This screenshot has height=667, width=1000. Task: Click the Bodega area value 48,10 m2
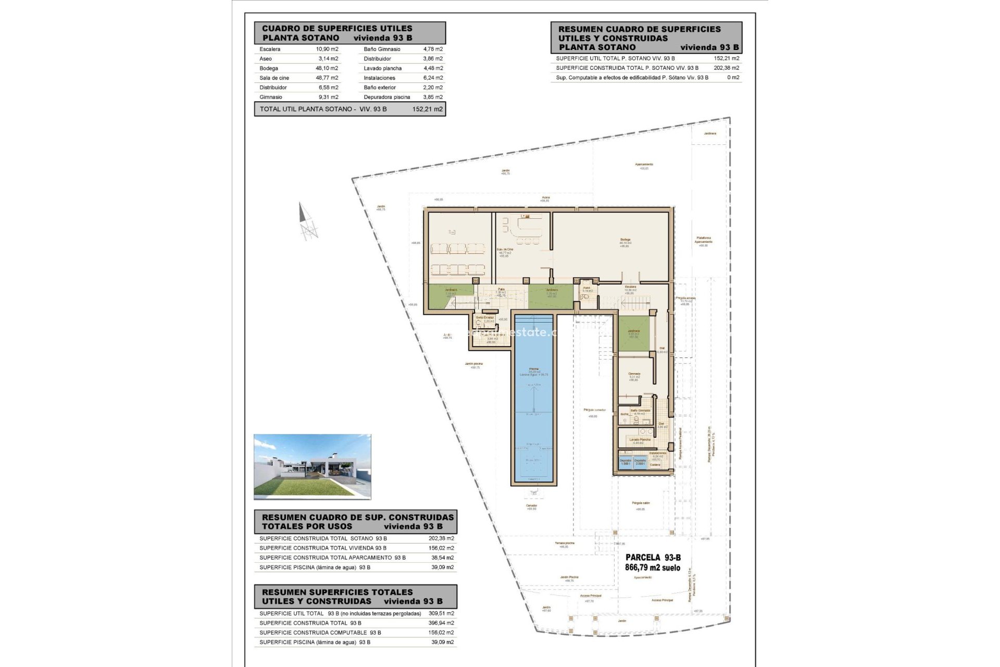pos(327,68)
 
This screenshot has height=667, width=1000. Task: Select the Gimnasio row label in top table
pos(271,97)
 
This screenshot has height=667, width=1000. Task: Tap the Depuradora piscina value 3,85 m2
pos(432,97)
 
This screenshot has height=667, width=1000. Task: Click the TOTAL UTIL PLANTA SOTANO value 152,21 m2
pos(427,109)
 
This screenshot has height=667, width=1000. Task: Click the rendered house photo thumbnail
pos(312,467)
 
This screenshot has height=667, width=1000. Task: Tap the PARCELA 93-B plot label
pos(653,558)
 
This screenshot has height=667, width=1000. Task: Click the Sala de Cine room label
pos(504,250)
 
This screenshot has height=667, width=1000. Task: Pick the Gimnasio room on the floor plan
pos(634,374)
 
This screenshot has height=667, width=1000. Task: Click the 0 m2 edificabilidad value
pos(733,78)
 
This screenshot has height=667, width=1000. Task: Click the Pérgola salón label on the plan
pos(641,503)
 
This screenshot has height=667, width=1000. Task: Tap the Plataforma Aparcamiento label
pos(703,240)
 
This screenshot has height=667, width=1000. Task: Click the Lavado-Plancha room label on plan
pos(640,440)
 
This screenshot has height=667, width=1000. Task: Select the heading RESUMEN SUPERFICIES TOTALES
pos(337,592)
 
